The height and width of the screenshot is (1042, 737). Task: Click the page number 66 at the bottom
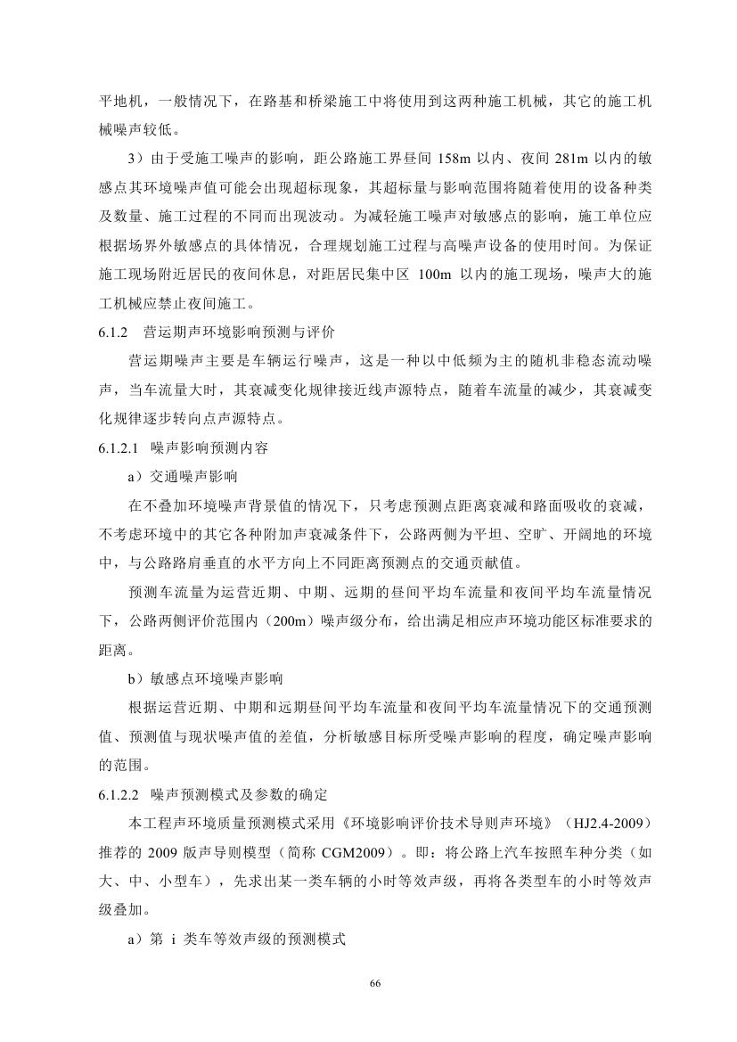pyautogui.click(x=375, y=982)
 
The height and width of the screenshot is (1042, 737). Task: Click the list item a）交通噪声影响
pyautogui.click(x=183, y=477)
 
